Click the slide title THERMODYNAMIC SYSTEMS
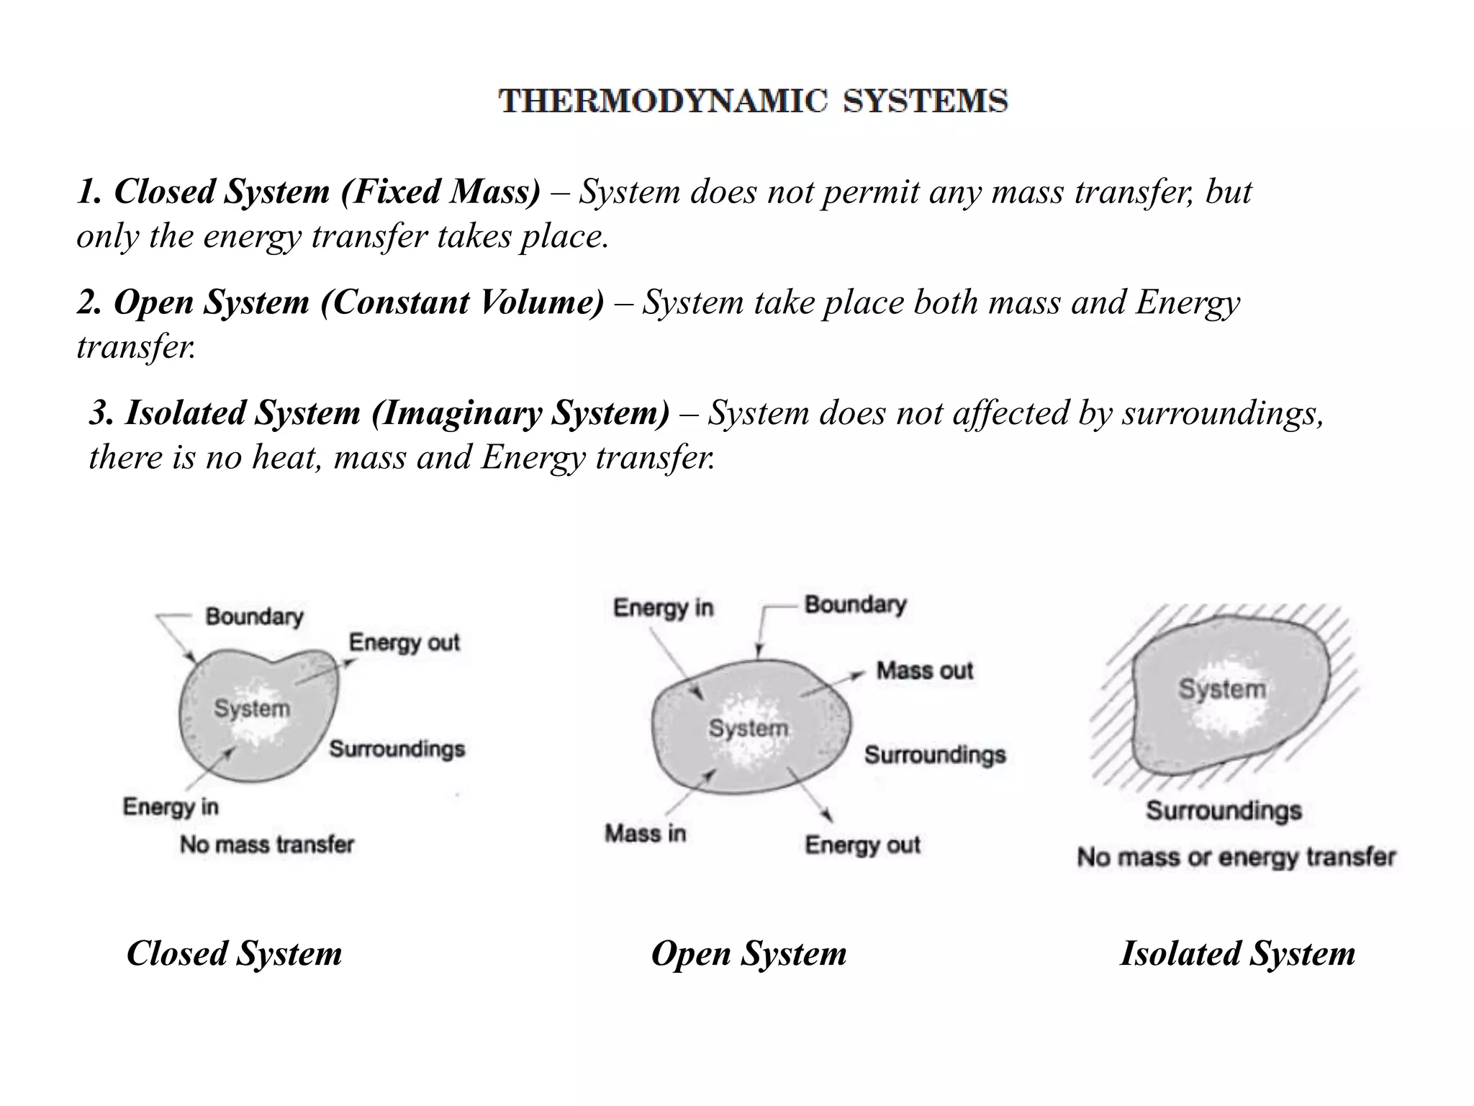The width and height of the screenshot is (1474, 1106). pyautogui.click(x=753, y=101)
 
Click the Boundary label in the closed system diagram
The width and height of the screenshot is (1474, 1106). pyautogui.click(x=254, y=616)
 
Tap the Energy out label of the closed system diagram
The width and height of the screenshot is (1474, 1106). pyautogui.click(x=404, y=642)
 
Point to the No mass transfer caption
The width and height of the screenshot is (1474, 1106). pyautogui.click(x=267, y=844)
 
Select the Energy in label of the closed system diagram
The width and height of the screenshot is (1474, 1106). pyautogui.click(x=171, y=806)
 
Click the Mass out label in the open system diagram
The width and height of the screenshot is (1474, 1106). pyautogui.click(x=924, y=671)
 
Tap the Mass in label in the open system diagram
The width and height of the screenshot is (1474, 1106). pyautogui.click(x=645, y=834)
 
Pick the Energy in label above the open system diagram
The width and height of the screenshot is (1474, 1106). pyautogui.click(x=663, y=608)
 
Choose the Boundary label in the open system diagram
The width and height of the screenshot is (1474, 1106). pyautogui.click(x=855, y=605)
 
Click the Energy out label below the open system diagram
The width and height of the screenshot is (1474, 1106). pyautogui.click(x=862, y=845)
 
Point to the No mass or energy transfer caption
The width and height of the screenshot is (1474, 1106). pyautogui.click(x=1236, y=857)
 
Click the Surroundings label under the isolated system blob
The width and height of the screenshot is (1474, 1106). pyautogui.click(x=1224, y=811)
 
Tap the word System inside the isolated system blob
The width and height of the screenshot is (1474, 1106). pyautogui.click(x=1222, y=689)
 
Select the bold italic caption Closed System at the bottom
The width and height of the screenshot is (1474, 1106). pyautogui.click(x=234, y=953)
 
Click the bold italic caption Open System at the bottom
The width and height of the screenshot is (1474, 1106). pyautogui.click(x=749, y=953)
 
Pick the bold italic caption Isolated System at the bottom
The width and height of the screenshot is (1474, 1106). pyautogui.click(x=1237, y=953)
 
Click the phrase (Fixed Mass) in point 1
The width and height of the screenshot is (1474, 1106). pyautogui.click(x=440, y=192)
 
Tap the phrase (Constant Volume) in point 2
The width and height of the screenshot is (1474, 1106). pyautogui.click(x=463, y=302)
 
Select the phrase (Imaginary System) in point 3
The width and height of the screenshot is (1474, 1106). pyautogui.click(x=520, y=413)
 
